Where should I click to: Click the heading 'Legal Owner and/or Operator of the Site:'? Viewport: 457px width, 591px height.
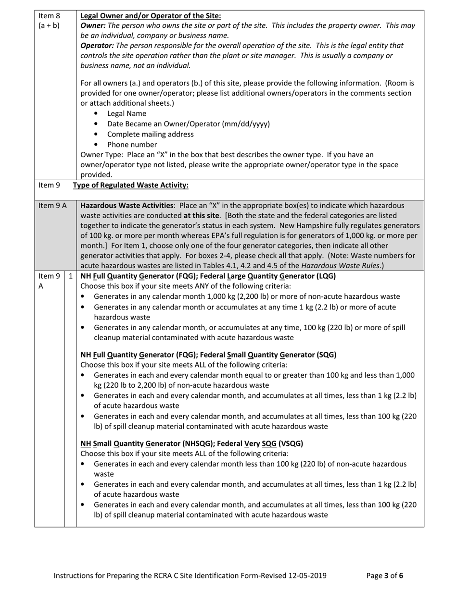point(151,16)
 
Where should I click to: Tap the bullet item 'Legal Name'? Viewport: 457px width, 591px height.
point(127,114)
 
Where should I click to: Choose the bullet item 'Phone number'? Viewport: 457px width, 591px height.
point(132,145)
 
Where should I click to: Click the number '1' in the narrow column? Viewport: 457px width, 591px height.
point(71,276)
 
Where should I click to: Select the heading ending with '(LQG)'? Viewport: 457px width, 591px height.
point(208,276)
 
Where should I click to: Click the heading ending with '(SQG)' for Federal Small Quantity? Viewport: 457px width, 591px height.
point(208,355)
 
